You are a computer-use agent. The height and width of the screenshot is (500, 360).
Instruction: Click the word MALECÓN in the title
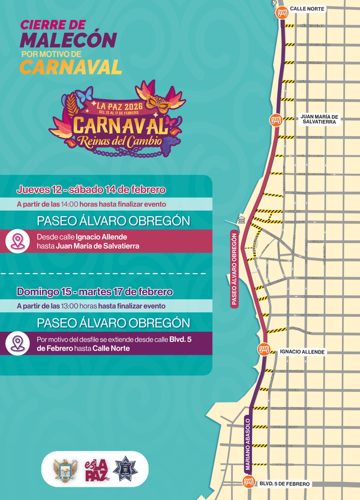68,40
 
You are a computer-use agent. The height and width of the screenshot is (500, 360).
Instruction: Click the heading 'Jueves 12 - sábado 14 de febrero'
91,190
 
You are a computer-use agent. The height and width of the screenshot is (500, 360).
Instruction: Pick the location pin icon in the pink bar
17,241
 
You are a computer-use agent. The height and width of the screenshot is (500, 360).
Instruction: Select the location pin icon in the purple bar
17,343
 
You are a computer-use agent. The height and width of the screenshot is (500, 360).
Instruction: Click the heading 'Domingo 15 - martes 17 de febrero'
95,292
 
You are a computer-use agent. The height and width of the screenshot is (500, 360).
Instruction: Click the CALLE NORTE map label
307,9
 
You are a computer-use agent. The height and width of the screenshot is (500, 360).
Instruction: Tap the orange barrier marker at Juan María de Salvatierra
276,119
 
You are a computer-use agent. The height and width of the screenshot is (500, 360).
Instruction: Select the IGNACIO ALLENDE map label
302,352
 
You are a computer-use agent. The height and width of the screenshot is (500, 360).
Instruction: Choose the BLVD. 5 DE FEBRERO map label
284,483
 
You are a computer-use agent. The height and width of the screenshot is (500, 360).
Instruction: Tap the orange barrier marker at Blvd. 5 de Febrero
248,481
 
